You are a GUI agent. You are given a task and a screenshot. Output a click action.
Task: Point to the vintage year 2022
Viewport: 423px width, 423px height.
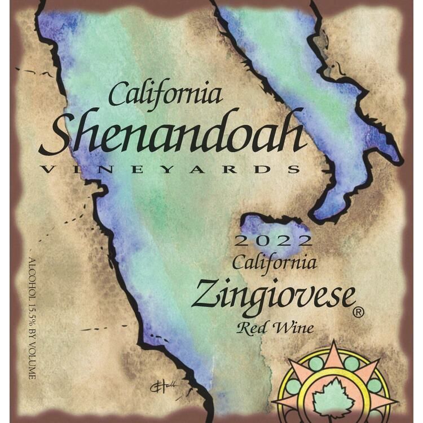click(x=273, y=241)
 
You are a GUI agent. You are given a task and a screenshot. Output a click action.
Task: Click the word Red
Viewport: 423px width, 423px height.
click(x=253, y=328)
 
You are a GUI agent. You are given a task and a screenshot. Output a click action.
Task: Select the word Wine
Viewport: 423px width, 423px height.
click(x=294, y=328)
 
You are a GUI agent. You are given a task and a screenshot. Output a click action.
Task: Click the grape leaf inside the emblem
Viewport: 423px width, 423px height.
click(x=334, y=395)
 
